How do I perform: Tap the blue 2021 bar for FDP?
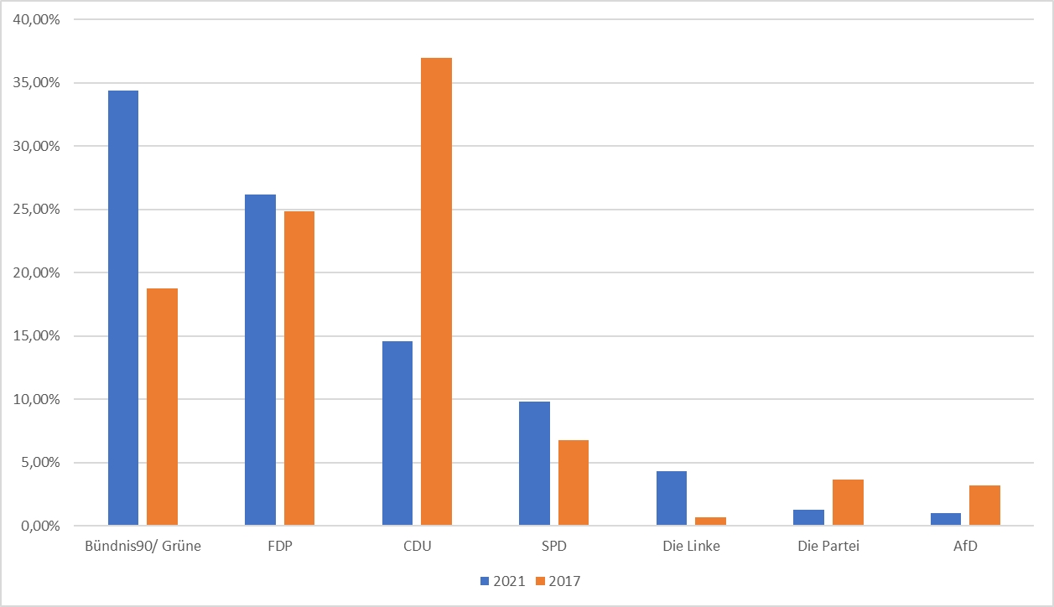tap(260, 360)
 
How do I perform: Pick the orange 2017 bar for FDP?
tap(299, 368)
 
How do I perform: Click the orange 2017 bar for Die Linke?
tap(711, 521)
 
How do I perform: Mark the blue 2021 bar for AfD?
tap(946, 519)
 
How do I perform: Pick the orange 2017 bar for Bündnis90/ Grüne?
tap(162, 407)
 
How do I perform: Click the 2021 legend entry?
tap(502, 581)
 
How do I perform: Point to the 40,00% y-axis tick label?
tap(36, 19)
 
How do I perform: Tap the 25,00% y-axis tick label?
tap(36, 210)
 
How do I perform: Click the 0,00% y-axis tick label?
tap(39, 527)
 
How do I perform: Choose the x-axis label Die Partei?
tap(828, 547)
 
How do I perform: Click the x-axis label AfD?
tap(965, 547)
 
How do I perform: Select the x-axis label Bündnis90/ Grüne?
tap(143, 547)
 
